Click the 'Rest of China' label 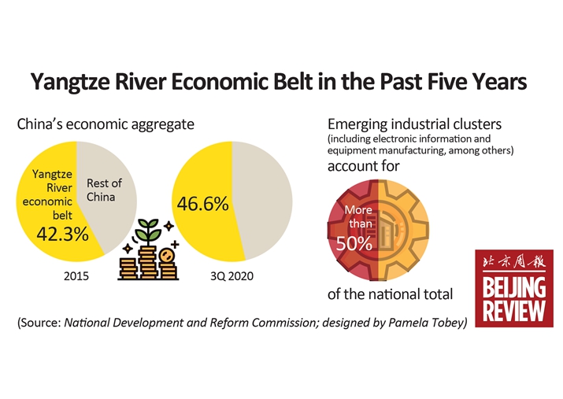click(x=104, y=189)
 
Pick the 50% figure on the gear click(x=354, y=243)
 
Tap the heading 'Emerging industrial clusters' click(x=414, y=124)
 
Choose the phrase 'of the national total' click(x=390, y=294)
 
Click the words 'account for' click(x=363, y=167)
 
